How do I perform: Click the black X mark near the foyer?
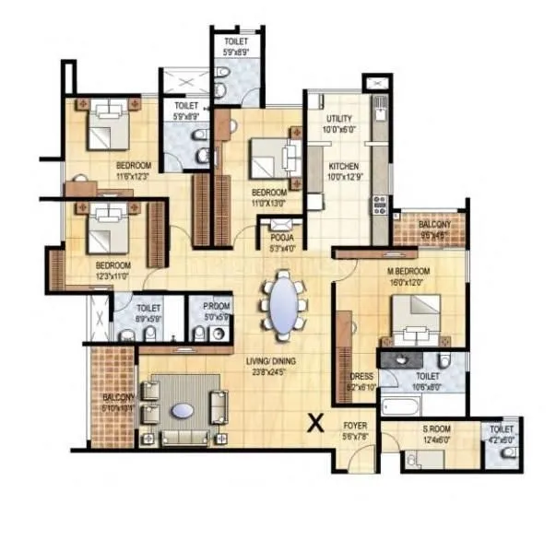pyautogui.click(x=314, y=423)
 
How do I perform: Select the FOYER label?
pyautogui.click(x=356, y=425)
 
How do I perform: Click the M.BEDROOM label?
pyautogui.click(x=408, y=272)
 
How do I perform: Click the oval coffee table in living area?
pyautogui.click(x=183, y=409)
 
